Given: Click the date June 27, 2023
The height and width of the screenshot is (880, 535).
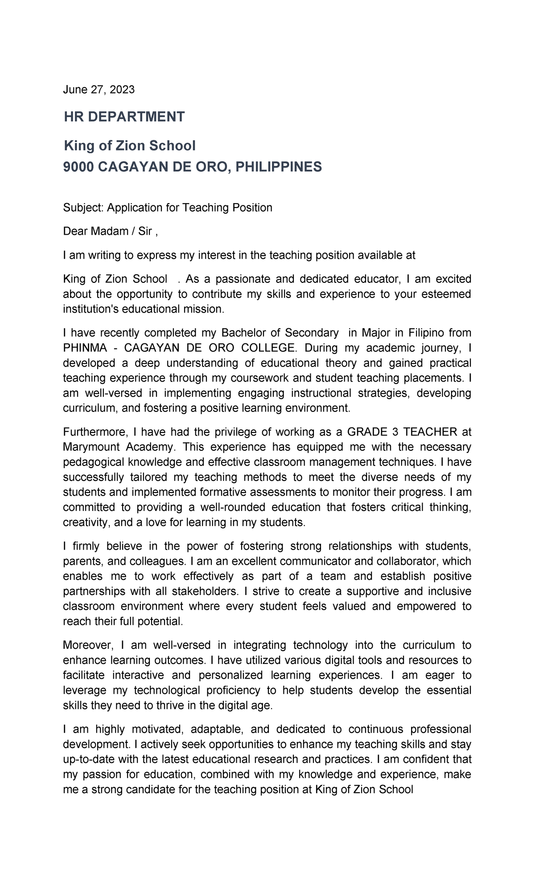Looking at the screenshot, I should (x=99, y=90).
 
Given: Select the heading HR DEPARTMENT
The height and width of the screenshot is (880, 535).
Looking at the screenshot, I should (x=124, y=117).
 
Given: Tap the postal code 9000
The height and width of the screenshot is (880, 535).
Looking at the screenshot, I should (x=78, y=167).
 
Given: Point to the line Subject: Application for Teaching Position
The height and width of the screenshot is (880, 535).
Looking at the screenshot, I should (x=168, y=208).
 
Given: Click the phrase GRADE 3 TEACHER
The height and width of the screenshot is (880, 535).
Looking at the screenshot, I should (x=402, y=432).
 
